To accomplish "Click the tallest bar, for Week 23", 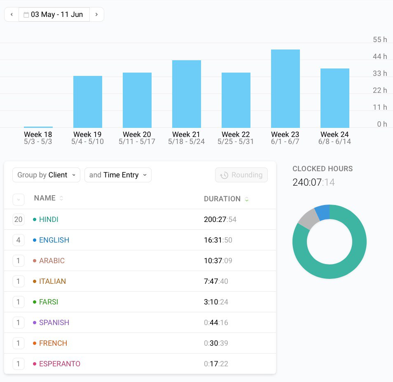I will pos(285,89).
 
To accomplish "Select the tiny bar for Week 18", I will pos(38,127).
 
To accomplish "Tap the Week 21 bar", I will pos(186,94).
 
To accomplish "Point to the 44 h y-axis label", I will pos(380,57).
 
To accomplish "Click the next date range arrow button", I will pos(96,14).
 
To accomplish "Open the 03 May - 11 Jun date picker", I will pos(54,14).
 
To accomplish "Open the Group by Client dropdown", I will pos(46,175).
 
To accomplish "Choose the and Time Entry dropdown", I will pos(118,175).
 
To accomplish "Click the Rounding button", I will pos(241,175).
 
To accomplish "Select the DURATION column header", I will pos(222,199).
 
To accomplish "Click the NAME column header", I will pos(45,198).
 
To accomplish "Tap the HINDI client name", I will pos(49,219).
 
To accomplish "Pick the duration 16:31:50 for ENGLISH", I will pos(218,240).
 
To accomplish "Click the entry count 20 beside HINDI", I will pos(18,219).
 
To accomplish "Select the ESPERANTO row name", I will pos(60,364).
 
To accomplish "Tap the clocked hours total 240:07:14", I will pos(313,182).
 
